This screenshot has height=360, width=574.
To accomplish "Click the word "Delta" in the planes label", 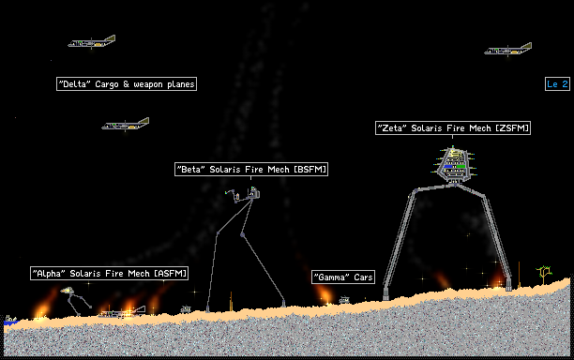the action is pyautogui.click(x=75, y=83).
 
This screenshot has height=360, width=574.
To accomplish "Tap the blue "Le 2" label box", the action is pyautogui.click(x=557, y=83).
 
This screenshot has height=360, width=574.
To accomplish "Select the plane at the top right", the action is pyautogui.click(x=508, y=49).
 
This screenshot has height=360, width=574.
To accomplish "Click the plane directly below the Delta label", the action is pyautogui.click(x=125, y=125).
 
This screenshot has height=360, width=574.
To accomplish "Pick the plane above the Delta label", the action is pyautogui.click(x=92, y=41).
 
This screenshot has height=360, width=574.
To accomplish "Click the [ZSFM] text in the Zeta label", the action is pyautogui.click(x=512, y=128).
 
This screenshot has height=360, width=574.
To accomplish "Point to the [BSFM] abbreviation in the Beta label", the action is pyautogui.click(x=310, y=170).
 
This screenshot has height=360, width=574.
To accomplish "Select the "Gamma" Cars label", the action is pyautogui.click(x=343, y=277).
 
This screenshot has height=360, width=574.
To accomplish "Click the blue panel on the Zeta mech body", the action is pyautogui.click(x=448, y=167).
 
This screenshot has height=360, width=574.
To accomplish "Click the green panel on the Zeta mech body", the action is pyautogui.click(x=461, y=167).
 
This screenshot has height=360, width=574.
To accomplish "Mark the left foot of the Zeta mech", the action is pyautogui.click(x=385, y=295).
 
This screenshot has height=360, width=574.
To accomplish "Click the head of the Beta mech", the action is pyautogui.click(x=253, y=192).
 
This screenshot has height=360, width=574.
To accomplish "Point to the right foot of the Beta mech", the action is pyautogui.click(x=283, y=304).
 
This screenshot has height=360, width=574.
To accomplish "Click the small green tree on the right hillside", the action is pyautogui.click(x=544, y=274).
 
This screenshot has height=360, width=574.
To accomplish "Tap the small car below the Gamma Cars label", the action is pyautogui.click(x=344, y=300).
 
